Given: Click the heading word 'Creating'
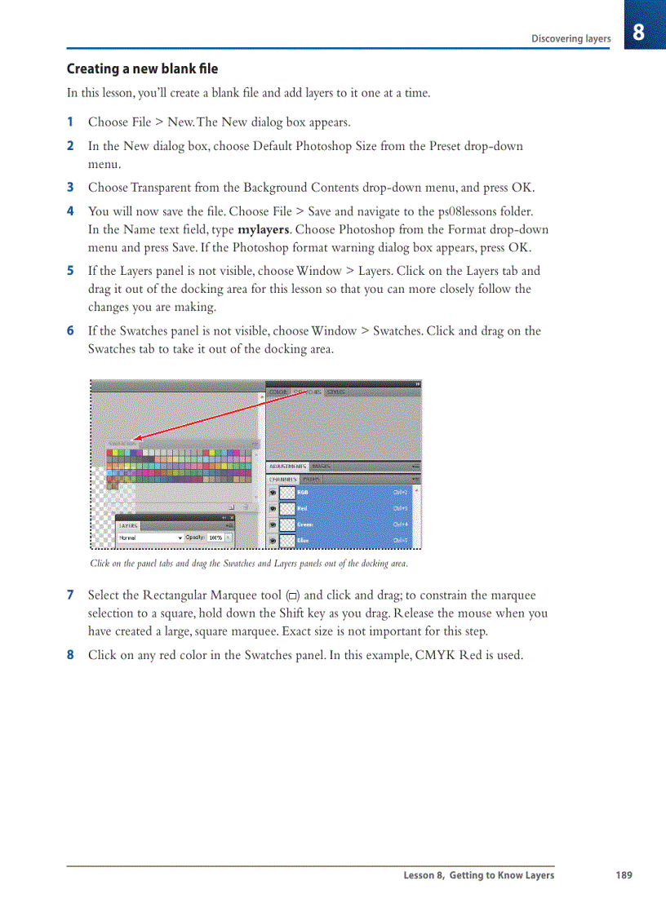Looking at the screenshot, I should click(x=94, y=69).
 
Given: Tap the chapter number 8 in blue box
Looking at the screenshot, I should click(x=638, y=33).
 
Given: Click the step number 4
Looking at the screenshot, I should click(x=70, y=211).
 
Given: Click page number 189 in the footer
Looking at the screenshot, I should click(x=624, y=875).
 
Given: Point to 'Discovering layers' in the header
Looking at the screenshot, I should click(x=571, y=38).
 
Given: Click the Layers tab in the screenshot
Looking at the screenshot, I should click(x=129, y=526).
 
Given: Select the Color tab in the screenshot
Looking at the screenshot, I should click(x=279, y=392).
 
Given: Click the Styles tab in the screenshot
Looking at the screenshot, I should click(x=336, y=392).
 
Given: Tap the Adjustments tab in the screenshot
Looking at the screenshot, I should click(x=286, y=466).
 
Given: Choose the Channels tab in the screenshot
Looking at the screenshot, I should click(x=283, y=480).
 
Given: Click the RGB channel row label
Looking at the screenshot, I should click(x=303, y=493).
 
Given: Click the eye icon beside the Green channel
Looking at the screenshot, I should click(x=273, y=524).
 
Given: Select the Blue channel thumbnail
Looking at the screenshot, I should click(x=287, y=540).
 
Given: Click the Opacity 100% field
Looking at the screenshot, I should click(x=216, y=538).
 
